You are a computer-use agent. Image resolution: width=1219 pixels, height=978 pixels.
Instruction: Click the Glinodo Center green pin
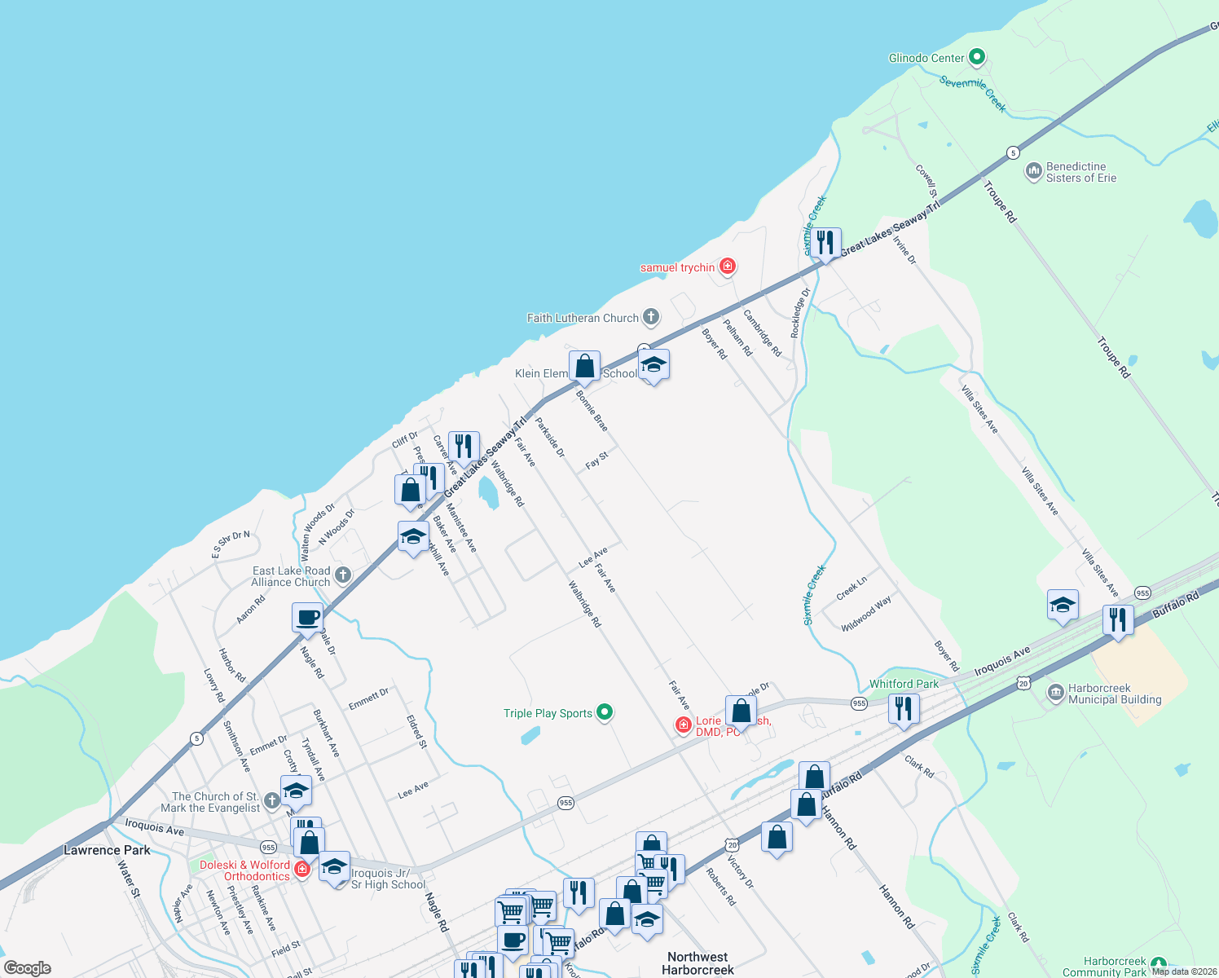[x=977, y=58]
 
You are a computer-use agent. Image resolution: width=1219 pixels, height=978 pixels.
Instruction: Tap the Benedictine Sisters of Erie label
[x=1080, y=172]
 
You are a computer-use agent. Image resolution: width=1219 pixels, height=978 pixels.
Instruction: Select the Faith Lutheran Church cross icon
[x=650, y=317]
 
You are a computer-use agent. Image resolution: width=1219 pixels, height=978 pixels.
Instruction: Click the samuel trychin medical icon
[x=728, y=267]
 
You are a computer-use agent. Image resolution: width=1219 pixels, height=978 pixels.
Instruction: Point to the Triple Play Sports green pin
[x=605, y=712]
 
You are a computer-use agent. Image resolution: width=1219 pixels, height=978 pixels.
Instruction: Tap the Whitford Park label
[x=904, y=684]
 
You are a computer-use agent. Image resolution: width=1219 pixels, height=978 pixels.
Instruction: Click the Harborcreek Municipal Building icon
[x=1055, y=694]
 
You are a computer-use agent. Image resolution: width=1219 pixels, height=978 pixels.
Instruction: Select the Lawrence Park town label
[x=107, y=850]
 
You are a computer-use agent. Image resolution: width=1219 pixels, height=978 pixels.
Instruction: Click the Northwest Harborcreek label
[x=698, y=963]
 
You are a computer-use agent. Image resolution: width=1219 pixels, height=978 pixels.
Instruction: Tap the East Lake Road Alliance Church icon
[x=343, y=575]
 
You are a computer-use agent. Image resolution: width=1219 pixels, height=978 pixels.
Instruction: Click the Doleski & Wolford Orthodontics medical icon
[x=302, y=869]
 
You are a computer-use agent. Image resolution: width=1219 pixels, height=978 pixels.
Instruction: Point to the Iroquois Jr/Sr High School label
[x=389, y=879]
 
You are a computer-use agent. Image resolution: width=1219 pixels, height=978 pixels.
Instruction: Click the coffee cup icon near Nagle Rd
[x=307, y=617]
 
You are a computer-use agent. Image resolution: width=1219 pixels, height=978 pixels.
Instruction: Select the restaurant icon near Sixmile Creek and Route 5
[x=825, y=242]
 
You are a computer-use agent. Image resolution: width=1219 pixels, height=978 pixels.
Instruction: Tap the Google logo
[x=28, y=967]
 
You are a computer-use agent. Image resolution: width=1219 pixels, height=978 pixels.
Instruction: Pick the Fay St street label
[x=597, y=460]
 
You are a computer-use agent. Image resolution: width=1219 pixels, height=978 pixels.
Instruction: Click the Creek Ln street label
[x=852, y=588]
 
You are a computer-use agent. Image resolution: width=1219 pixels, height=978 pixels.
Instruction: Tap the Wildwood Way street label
[x=866, y=614]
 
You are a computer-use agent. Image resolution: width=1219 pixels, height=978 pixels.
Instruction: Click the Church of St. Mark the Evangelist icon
[x=271, y=801]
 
